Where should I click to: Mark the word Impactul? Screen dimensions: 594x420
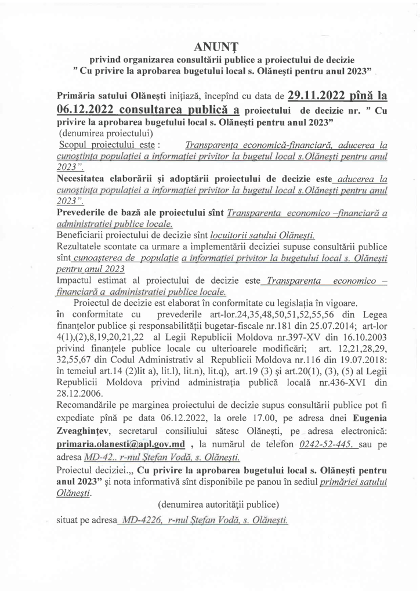pyautogui.click(x=76, y=281)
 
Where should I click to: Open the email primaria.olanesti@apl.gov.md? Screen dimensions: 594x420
pyautogui.click(x=120, y=444)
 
